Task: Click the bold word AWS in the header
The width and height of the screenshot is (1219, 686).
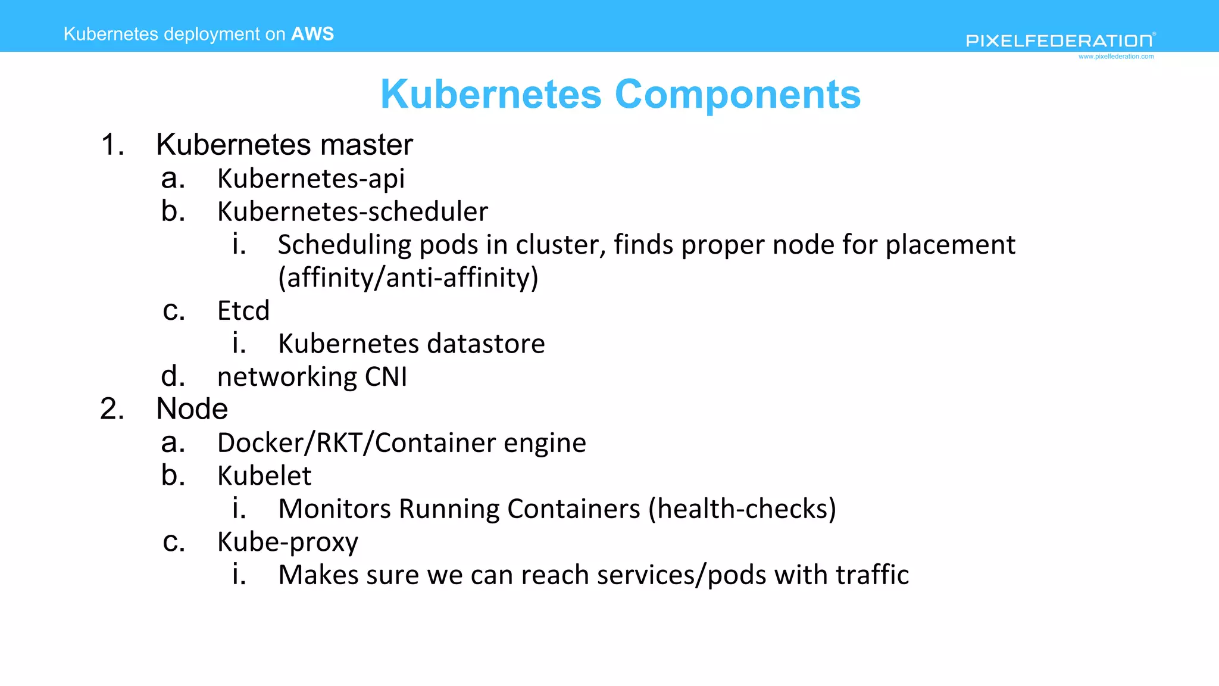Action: pos(312,34)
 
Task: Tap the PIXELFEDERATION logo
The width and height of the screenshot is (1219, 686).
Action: pos(1060,40)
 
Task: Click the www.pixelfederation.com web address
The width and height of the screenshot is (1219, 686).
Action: pos(1116,57)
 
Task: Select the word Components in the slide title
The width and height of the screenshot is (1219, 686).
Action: pos(737,95)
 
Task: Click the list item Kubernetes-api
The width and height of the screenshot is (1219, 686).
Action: pos(311,179)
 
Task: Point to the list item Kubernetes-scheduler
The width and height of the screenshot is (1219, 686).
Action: pos(352,212)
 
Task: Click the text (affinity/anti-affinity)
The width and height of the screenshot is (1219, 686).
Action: pos(408,277)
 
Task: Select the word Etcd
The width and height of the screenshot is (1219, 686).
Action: pos(243,311)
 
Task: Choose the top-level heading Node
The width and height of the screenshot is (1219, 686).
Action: pos(192,409)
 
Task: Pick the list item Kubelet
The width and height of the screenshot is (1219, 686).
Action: pos(264,476)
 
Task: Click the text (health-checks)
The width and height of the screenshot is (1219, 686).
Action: pos(742,509)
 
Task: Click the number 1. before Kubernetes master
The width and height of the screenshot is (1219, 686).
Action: pos(112,145)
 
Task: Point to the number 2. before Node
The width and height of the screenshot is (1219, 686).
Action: pos(112,409)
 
